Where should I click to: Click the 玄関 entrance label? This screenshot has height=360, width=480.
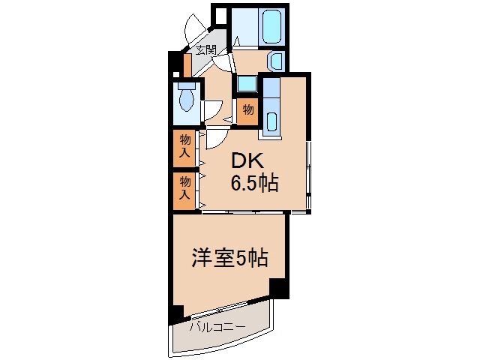coord(206,50)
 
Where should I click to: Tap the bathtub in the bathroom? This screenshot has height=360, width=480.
coord(271,26)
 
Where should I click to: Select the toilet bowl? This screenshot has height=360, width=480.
coord(187,99)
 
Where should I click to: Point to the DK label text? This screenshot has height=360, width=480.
coord(247,161)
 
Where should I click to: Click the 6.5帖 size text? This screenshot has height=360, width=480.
coord(254,183)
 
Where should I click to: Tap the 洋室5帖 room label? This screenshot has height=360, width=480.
coord(230,258)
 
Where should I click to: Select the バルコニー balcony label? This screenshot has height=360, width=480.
coord(217,327)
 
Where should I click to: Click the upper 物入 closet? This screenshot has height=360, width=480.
coord(184,148)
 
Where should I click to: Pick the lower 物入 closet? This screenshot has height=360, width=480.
coord(184,191)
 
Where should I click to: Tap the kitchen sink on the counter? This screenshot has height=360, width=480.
coord(271,121)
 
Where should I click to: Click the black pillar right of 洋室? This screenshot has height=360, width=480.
coord(279,288)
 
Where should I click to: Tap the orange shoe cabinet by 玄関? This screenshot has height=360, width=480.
coord(187,66)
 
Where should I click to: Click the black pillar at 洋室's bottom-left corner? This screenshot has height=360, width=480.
coord(178,313)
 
